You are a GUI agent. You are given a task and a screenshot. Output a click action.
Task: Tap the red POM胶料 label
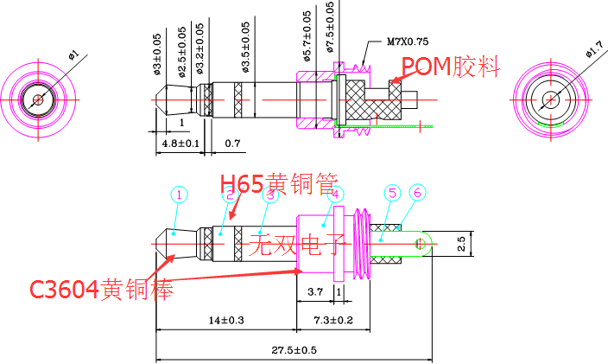[x=449, y=67]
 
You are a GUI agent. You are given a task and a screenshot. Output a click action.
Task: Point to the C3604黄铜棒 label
[x=102, y=288]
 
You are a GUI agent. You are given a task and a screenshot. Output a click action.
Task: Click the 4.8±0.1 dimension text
[x=180, y=144]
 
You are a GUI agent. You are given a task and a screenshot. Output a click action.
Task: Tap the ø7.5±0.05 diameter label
[x=330, y=29]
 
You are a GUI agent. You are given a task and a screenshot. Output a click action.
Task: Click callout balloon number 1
[x=179, y=195]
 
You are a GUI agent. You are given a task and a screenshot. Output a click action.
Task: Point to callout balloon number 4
[x=336, y=195]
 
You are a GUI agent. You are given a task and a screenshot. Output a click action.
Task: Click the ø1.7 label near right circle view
[x=593, y=51]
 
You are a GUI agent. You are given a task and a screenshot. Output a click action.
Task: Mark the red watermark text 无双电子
[x=296, y=246]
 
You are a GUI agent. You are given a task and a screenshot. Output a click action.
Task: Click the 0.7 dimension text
[x=232, y=143]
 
